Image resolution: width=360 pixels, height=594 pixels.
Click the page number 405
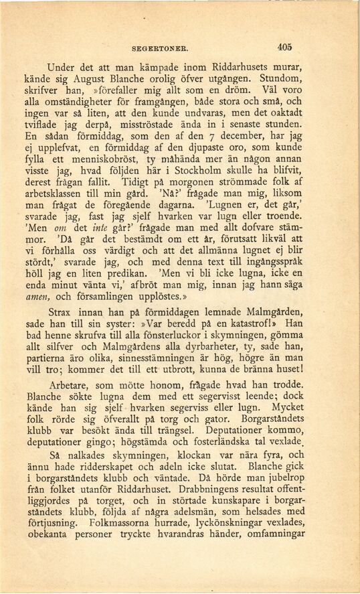click(284, 48)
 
